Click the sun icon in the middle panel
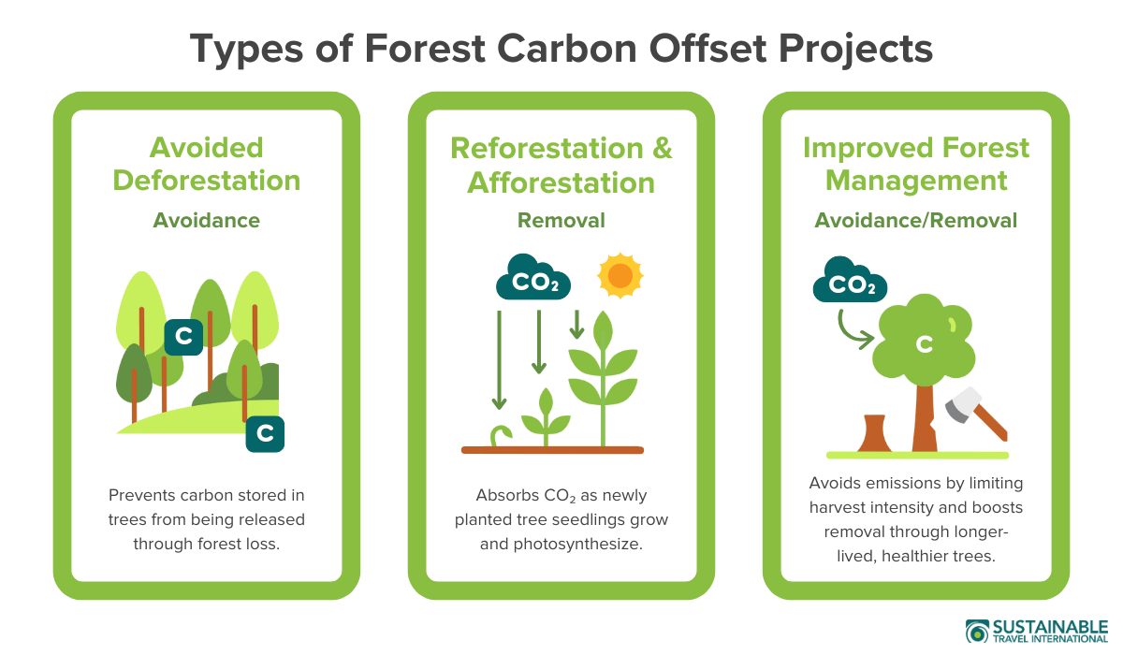click(620, 275)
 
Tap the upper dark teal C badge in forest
click(183, 337)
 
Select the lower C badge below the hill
click(265, 433)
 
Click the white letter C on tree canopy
click(924, 344)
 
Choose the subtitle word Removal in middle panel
click(561, 221)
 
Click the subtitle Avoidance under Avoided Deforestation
click(207, 221)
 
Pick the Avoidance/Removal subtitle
click(915, 221)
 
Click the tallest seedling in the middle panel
click(603, 374)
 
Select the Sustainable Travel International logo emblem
click(977, 632)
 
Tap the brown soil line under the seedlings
click(552, 450)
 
